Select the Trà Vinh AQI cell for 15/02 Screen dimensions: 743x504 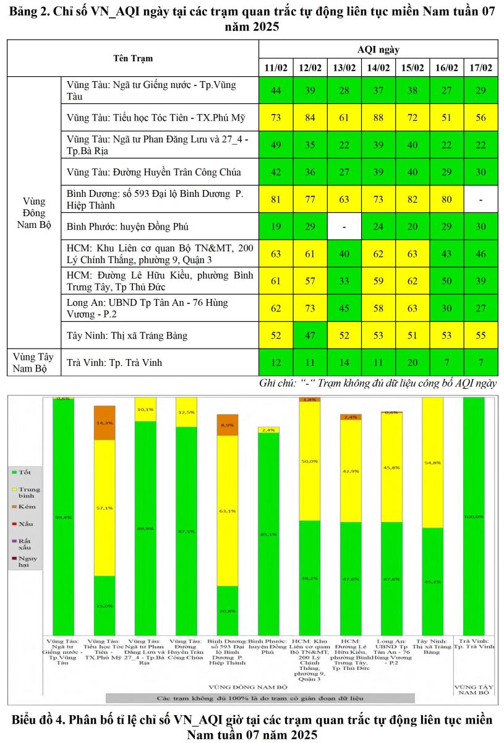point(412,362)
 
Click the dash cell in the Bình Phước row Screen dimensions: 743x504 point(344,227)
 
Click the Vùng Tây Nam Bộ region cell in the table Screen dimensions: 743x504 point(33,362)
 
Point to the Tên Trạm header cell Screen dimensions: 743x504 point(133,58)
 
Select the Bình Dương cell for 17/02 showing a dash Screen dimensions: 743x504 point(481,199)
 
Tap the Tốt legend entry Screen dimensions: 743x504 point(25,472)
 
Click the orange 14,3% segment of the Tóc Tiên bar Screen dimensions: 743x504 point(105,422)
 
